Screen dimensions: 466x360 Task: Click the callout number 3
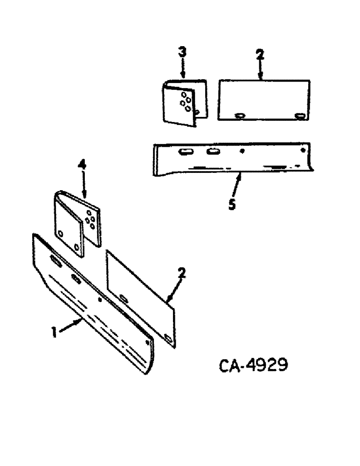tap(182, 52)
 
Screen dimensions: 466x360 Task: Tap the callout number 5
tap(232, 205)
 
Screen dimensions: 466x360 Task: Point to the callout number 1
tap(54, 332)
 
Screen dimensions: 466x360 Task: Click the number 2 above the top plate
tap(260, 54)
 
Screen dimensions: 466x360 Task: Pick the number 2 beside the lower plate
tap(182, 273)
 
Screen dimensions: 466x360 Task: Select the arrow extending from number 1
tap(70, 327)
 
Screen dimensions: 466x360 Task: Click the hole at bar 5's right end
tap(304, 151)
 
